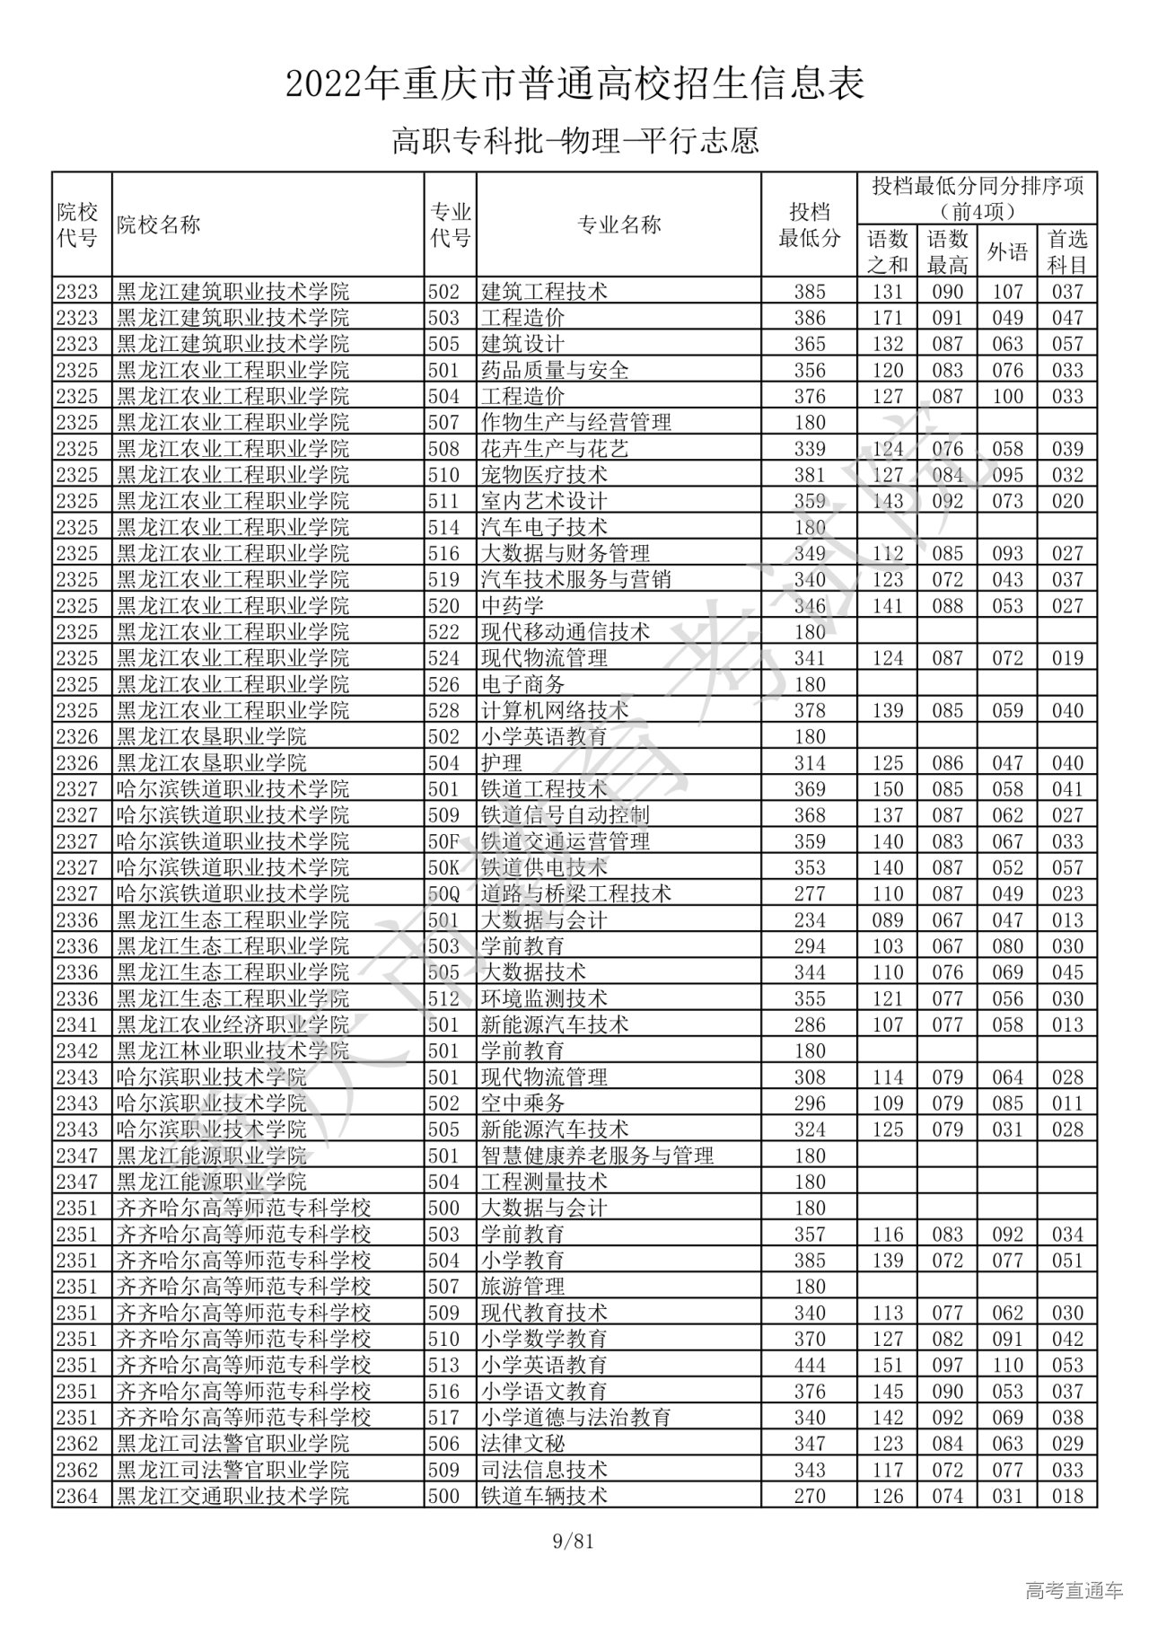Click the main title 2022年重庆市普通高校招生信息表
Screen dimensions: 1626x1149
click(x=574, y=84)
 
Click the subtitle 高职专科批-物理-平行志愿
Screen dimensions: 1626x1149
click(x=574, y=141)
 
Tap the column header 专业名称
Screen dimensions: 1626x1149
click(x=618, y=225)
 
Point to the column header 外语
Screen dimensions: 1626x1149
click(x=1007, y=251)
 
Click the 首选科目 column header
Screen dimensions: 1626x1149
click(x=1067, y=251)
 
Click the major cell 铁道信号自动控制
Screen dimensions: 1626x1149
click(x=566, y=815)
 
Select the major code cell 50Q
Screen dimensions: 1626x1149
click(x=443, y=893)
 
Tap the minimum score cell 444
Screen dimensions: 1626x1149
click(x=810, y=1365)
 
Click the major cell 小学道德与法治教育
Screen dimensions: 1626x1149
click(x=576, y=1417)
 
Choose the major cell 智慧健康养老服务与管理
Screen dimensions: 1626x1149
click(x=598, y=1156)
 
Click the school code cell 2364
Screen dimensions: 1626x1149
click(x=76, y=1496)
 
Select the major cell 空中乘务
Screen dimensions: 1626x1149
click(x=523, y=1103)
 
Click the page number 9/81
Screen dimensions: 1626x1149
click(x=574, y=1543)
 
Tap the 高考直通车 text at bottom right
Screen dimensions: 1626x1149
click(x=1074, y=1591)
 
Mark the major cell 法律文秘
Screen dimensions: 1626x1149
click(x=523, y=1443)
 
